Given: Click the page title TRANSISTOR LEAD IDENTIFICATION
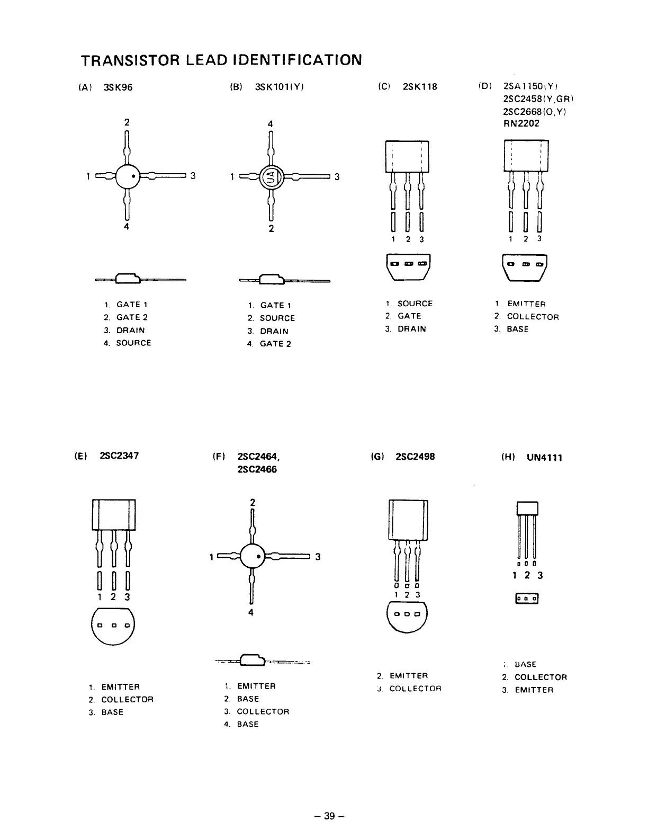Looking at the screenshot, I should (x=222, y=60).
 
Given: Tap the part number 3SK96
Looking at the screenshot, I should (x=119, y=87).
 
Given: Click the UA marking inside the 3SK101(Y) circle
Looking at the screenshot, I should (x=271, y=176).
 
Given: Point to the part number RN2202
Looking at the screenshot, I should (x=521, y=123).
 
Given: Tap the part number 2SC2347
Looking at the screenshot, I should (x=119, y=456).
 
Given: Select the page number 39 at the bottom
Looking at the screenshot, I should (x=329, y=816).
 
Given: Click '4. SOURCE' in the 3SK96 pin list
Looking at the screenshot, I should (x=128, y=343).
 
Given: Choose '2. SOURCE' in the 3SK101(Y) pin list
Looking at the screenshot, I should (x=271, y=318).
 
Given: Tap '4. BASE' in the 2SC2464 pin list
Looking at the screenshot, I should (x=241, y=724).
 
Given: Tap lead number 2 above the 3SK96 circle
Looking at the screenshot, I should (x=127, y=122).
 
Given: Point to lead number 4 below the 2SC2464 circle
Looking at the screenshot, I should (x=251, y=613).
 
